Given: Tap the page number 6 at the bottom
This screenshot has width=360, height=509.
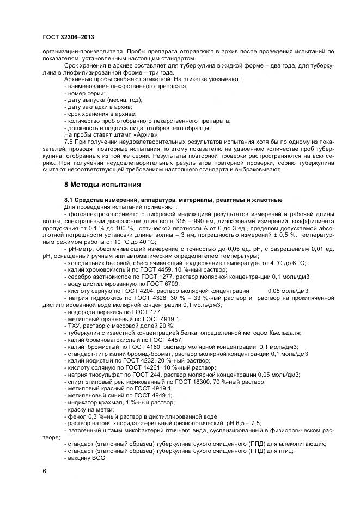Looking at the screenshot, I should (44, 471).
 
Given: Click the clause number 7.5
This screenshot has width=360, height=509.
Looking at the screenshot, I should (69, 141).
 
